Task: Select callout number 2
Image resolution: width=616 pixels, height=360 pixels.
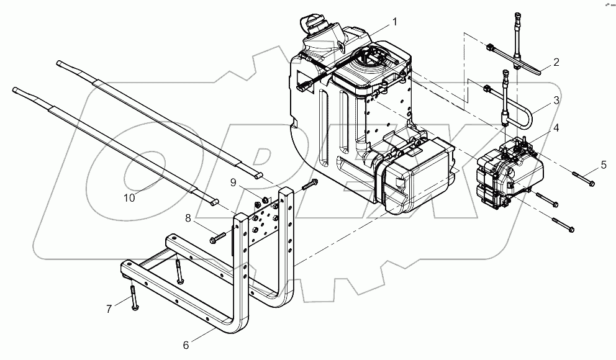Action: [556, 61]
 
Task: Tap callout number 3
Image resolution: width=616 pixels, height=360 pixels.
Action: [556, 99]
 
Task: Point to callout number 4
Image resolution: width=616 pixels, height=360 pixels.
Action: [556, 128]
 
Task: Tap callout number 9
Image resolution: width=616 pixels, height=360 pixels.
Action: [233, 182]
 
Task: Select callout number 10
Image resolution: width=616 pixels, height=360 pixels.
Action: [129, 198]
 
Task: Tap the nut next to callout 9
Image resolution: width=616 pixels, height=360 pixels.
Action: [264, 200]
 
